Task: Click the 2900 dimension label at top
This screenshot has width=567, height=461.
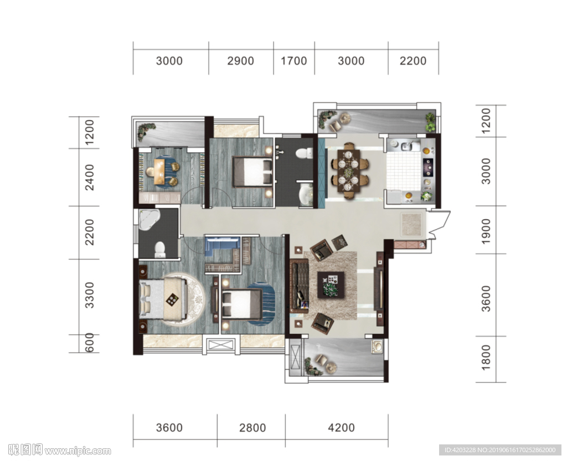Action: (240, 61)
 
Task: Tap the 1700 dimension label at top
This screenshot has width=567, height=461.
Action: (293, 61)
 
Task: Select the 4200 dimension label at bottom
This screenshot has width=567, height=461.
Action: (341, 428)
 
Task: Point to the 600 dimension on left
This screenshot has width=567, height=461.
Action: (89, 343)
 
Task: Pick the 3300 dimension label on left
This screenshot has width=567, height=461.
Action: (89, 295)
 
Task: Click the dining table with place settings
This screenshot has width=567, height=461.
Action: (349, 170)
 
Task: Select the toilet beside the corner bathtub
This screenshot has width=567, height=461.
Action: (159, 250)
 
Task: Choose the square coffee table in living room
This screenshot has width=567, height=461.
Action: (331, 284)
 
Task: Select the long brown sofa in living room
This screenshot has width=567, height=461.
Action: (298, 286)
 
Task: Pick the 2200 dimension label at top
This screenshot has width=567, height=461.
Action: (413, 61)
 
